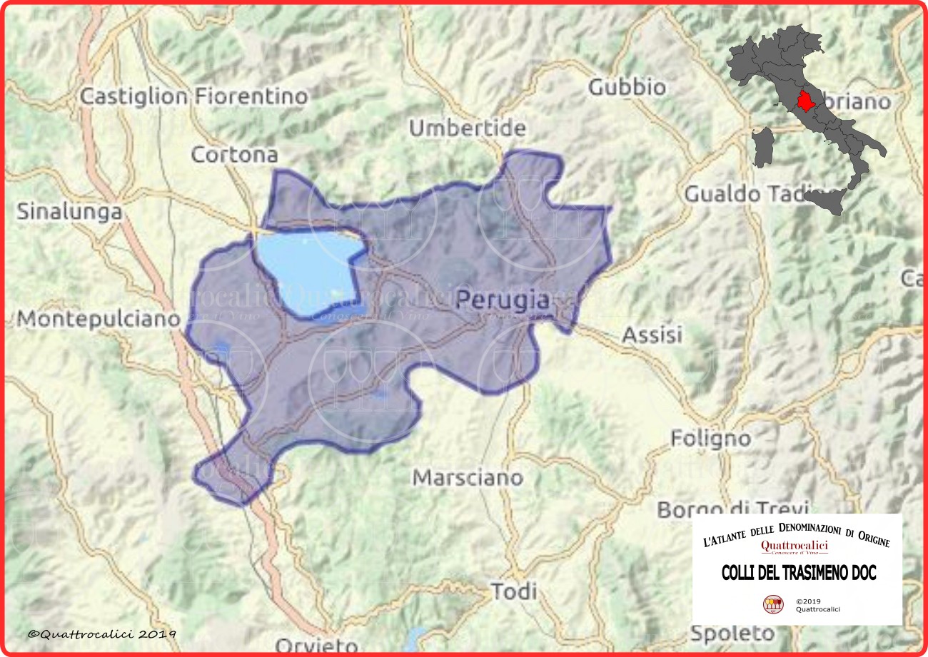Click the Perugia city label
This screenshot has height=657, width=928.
click(x=503, y=301)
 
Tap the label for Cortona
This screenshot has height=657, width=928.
click(x=235, y=155)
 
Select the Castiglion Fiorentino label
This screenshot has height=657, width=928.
click(x=194, y=96)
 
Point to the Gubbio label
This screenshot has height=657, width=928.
click(x=627, y=88)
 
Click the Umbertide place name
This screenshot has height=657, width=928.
click(x=468, y=128)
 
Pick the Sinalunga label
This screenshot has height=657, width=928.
click(x=69, y=212)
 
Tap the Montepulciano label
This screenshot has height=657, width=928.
click(x=99, y=319)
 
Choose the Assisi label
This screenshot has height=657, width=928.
click(x=652, y=334)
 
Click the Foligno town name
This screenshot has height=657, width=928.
click(x=710, y=438)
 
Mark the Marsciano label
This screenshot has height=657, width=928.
click(x=468, y=477)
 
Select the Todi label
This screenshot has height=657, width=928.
click(x=514, y=591)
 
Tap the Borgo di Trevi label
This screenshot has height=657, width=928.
click(x=732, y=509)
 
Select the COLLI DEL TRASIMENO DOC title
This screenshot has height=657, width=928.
click(x=798, y=573)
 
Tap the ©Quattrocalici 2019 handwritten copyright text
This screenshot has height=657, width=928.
click(x=102, y=633)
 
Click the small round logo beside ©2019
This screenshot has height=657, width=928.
click(x=772, y=605)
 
